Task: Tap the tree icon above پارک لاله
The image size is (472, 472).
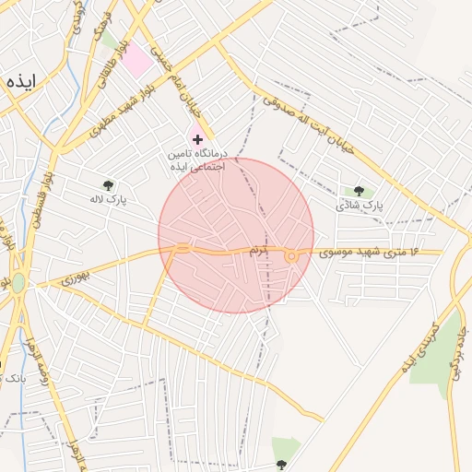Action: pos(109,185)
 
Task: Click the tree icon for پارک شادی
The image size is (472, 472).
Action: pos(358,191)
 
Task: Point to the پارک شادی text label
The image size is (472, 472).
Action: pos(358,204)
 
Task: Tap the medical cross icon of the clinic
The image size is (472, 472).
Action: pos(197,138)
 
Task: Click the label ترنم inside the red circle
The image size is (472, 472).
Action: pos(257,250)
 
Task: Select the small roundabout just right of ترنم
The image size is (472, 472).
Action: pos(292,255)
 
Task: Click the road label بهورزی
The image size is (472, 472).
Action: pos(78,274)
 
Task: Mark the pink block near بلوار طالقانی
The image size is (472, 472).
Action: pos(136,61)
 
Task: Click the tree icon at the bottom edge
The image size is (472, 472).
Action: pos(281,464)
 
